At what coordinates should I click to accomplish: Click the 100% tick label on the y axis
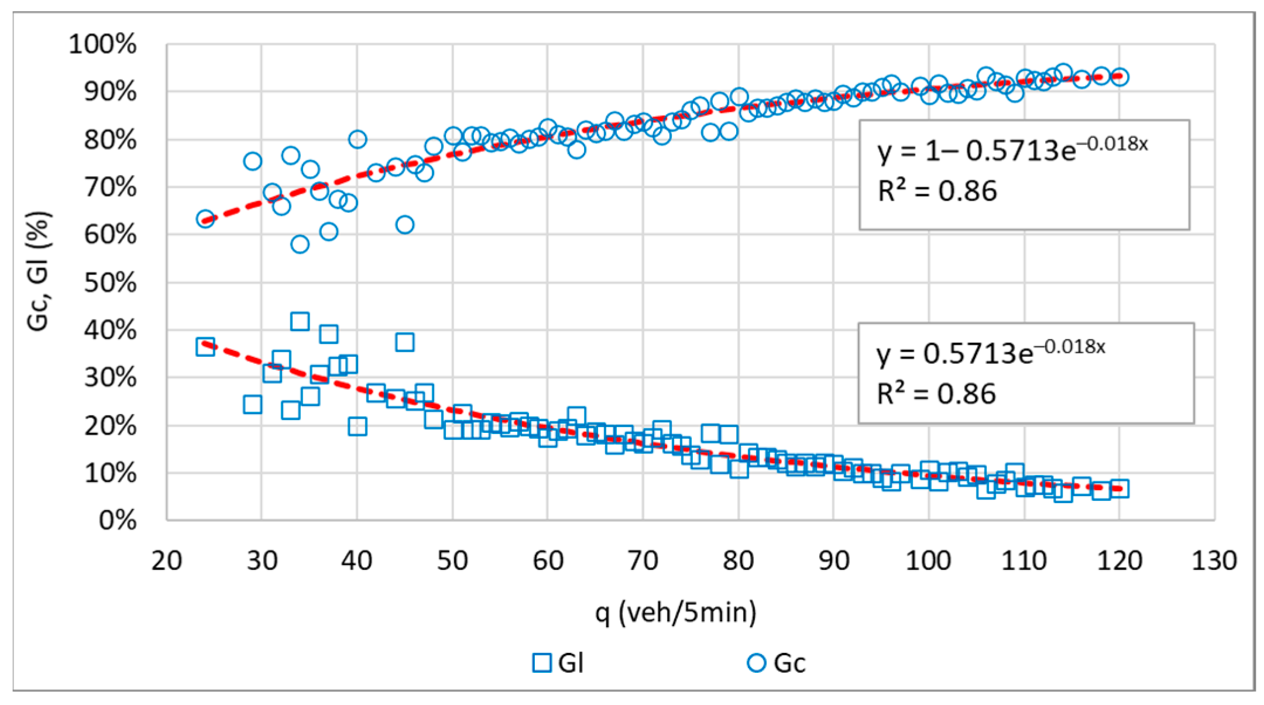102,44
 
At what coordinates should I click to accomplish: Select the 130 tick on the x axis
1214,560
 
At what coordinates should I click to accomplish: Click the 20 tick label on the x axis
167,560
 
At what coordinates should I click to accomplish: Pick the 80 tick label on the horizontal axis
739,560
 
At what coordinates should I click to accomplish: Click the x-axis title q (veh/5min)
676,612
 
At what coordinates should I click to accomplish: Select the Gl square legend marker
542,663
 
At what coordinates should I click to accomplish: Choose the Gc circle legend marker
757,663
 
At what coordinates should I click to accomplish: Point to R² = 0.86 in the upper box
937,191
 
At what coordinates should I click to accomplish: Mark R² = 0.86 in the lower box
936,394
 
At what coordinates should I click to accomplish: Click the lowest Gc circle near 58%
300,244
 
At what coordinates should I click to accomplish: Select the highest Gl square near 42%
300,321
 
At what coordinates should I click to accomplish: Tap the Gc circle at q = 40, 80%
358,139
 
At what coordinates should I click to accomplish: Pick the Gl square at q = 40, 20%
358,427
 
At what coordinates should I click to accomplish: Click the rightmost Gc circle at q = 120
1119,77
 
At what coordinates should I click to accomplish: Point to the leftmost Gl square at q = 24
205,346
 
